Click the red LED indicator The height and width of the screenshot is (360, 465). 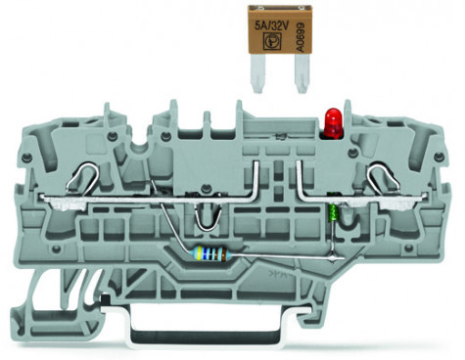[x=333, y=120]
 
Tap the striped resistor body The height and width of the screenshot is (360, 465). [x=210, y=253]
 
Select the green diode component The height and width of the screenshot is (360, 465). [x=334, y=212]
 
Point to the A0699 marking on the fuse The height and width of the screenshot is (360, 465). [x=300, y=37]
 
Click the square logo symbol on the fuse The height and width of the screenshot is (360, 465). [x=272, y=41]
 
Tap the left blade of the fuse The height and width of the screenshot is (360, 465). [x=257, y=73]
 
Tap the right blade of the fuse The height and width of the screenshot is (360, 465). [x=301, y=73]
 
